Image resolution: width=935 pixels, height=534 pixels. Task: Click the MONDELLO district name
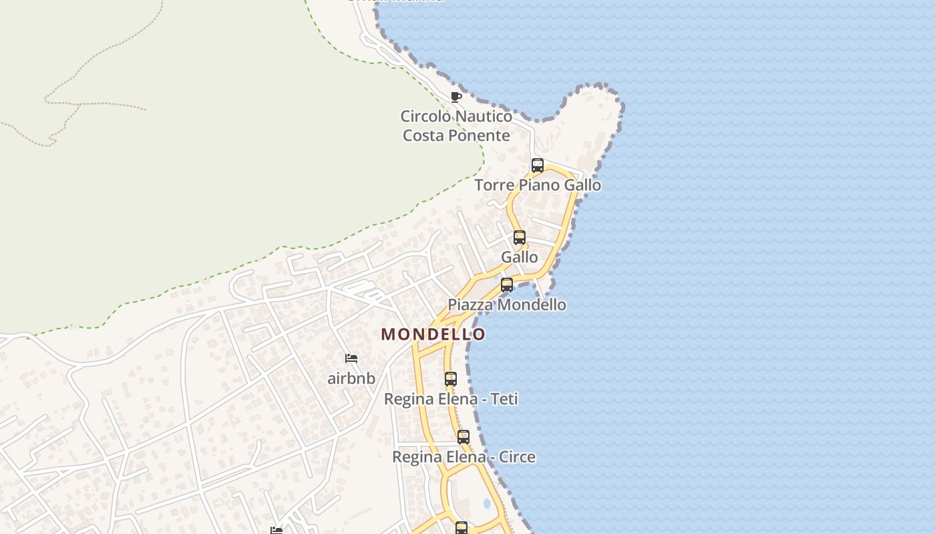[433, 334]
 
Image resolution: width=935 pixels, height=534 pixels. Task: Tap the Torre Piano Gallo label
[538, 185]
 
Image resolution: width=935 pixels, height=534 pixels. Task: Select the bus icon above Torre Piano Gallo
[538, 166]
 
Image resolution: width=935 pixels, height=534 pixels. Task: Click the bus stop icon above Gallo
[520, 237]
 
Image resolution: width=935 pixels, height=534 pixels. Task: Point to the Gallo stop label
[520, 257]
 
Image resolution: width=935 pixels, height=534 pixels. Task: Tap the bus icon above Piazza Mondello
[507, 285]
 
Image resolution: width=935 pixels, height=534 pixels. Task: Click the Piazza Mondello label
[507, 305]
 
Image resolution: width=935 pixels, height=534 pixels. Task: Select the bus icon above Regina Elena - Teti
[451, 379]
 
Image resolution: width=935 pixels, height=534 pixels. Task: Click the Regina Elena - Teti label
[451, 399]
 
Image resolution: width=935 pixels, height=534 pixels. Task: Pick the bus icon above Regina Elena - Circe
[463, 437]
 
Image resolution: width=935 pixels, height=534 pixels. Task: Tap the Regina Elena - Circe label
[463, 457]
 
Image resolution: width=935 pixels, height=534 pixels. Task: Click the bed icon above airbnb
[351, 358]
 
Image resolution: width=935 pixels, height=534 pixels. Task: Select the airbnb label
[351, 378]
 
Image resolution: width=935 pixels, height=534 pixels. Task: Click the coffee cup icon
[456, 97]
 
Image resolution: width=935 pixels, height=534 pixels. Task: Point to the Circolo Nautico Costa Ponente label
[456, 125]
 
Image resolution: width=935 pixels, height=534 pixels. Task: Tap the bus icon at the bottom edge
[461, 528]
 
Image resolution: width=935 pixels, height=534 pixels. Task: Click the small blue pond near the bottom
[487, 503]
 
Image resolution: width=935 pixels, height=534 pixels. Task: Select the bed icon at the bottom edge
[276, 531]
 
